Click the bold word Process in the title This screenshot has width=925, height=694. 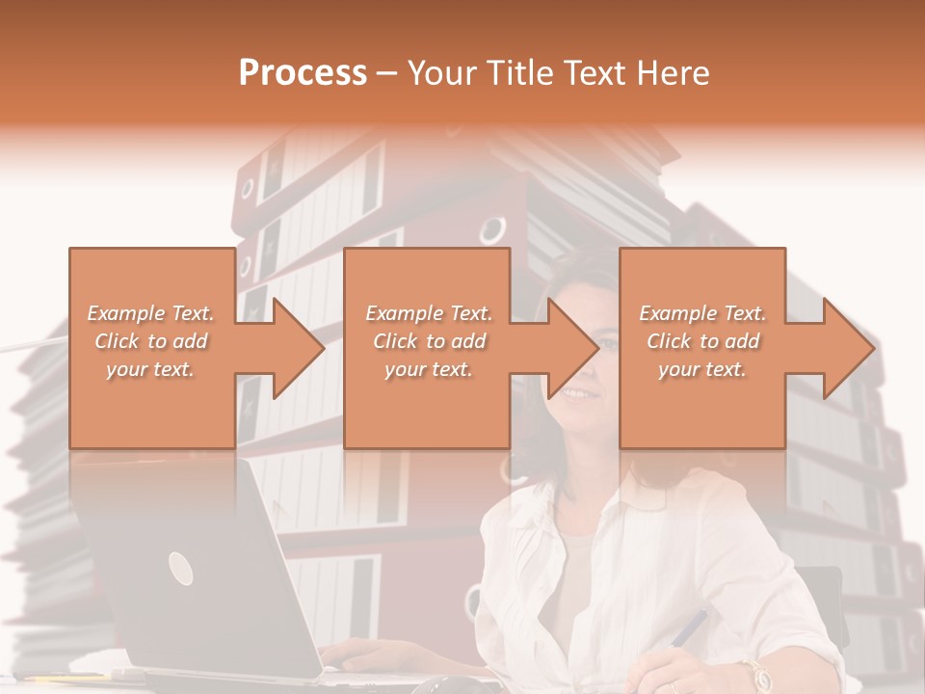[x=303, y=73]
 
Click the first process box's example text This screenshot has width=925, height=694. [x=151, y=341]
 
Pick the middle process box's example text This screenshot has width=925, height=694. [x=429, y=341]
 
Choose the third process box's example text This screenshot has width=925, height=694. [x=702, y=341]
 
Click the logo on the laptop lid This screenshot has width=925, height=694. [x=180, y=569]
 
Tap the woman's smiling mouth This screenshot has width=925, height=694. [x=577, y=393]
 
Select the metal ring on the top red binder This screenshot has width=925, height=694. [x=492, y=229]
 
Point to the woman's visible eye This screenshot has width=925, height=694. [x=608, y=341]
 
